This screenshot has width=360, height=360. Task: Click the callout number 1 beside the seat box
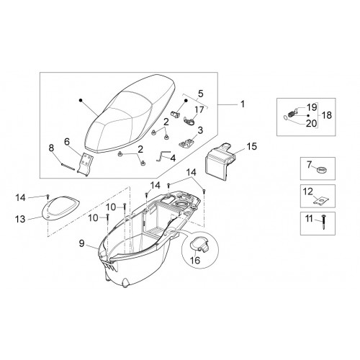[243, 104]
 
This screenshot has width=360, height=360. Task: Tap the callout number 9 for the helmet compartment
[82, 244]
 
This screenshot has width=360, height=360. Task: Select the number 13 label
[20, 219]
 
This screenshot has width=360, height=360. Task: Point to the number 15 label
[252, 146]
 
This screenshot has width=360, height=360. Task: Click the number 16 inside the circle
[196, 260]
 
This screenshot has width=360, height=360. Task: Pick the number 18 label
[326, 115]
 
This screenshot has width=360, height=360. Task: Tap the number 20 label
[311, 123]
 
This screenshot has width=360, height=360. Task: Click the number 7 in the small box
[309, 165]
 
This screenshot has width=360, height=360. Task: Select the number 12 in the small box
[308, 192]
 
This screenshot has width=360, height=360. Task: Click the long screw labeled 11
[324, 222]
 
